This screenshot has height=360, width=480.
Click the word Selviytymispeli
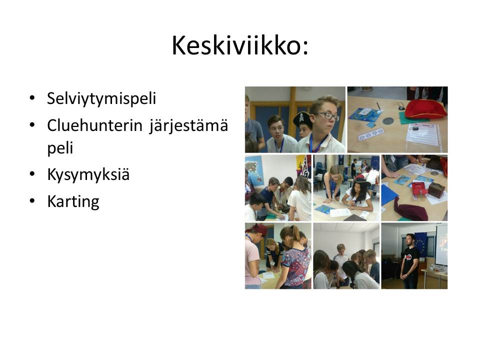pyautogui.click(x=101, y=98)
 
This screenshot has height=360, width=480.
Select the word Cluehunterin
pyautogui.click(x=95, y=125)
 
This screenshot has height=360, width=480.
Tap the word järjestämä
pyautogui.click(x=189, y=126)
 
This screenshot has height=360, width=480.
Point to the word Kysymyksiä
pyautogui.click(x=88, y=175)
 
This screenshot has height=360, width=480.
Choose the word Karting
pyautogui.click(x=73, y=201)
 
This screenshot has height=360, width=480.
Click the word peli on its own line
pyautogui.click(x=60, y=148)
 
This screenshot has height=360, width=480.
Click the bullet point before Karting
pyautogui.click(x=32, y=201)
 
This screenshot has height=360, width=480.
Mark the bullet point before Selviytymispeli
pyautogui.click(x=32, y=98)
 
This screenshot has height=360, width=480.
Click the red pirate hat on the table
pyautogui.click(x=425, y=109)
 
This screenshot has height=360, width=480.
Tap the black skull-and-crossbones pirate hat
pyautogui.click(x=302, y=119)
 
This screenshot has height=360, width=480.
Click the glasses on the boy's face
pyautogui.click(x=327, y=116)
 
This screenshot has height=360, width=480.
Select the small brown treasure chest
pyautogui.click(x=436, y=190)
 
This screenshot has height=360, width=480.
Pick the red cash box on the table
pyautogui.click(x=419, y=189)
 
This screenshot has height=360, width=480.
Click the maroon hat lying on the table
pyautogui.click(x=410, y=209)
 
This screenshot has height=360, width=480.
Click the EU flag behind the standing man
pyautogui.click(x=421, y=244)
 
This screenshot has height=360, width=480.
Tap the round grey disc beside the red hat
pyautogui.click(x=387, y=120)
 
